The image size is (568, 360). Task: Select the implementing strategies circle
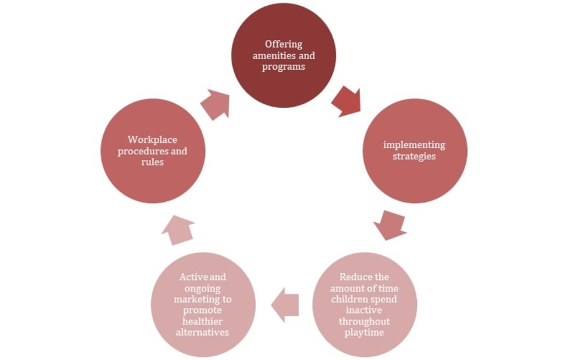[x=414, y=150]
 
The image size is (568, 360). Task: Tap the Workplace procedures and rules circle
[x=153, y=150]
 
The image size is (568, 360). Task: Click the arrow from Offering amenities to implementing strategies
[x=347, y=101]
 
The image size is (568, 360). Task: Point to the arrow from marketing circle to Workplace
[x=178, y=229]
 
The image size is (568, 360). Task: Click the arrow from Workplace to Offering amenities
[x=215, y=104]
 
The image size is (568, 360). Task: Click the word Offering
[x=284, y=44]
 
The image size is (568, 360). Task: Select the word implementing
[x=414, y=145]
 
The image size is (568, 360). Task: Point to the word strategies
[x=414, y=156]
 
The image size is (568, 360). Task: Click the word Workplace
[x=153, y=139]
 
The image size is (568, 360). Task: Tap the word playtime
[x=365, y=332]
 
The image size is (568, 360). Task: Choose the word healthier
[x=203, y=321]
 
